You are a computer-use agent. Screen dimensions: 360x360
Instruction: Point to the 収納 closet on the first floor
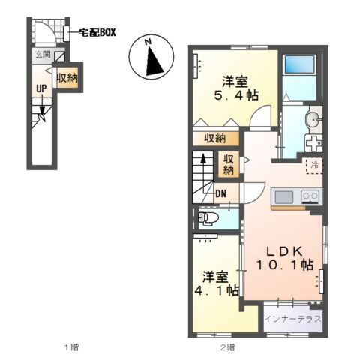(67, 77)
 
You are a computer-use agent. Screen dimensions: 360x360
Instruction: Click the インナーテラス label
(293, 319)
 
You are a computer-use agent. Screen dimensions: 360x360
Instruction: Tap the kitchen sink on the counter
(283, 196)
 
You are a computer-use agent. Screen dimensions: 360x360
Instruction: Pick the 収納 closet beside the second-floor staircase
(229, 165)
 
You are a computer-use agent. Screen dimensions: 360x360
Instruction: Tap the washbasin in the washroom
(313, 118)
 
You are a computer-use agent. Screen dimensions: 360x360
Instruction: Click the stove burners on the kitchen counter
(310, 196)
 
